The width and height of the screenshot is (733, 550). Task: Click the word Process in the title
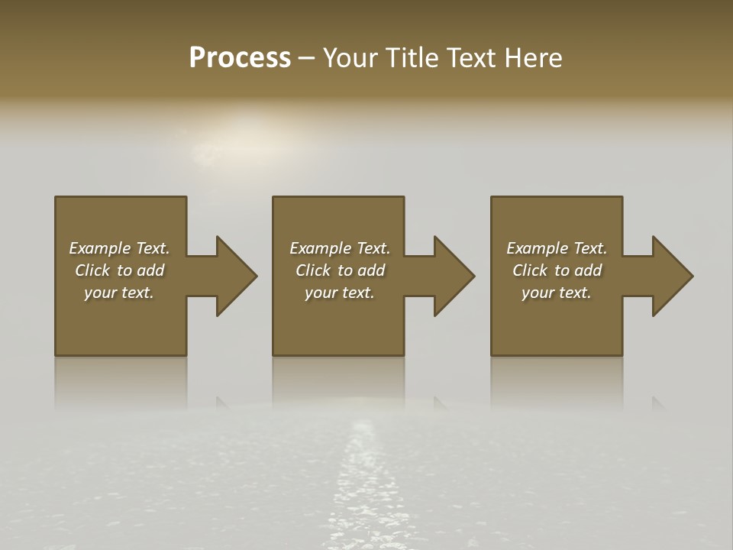pos(240,58)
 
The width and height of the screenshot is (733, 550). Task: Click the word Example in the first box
pos(100,248)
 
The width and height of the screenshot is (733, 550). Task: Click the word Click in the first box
pos(92,270)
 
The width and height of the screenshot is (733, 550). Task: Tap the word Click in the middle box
pos(313,270)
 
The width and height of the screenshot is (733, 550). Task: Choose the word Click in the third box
pos(530,270)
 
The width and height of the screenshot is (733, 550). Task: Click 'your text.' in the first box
pos(119,293)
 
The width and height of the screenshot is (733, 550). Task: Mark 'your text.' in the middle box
pos(340,293)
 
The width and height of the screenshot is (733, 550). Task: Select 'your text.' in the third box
pos(557,293)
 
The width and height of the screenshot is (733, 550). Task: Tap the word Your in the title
pos(350,58)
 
